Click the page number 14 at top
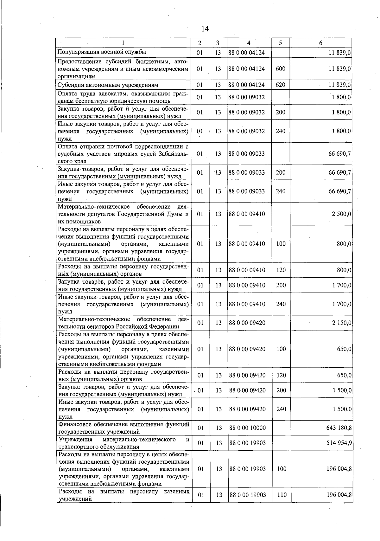coord(205,29)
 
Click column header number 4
coord(249,43)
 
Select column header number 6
coord(320,43)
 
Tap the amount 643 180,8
coord(339,428)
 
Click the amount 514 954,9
coord(339,443)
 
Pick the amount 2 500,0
coord(341,214)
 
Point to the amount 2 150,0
coord(341,323)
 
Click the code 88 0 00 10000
coord(247,428)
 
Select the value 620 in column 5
coord(280,85)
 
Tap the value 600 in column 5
coord(280,69)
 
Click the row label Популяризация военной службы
coord(101,52)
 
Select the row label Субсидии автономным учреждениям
coord(108,85)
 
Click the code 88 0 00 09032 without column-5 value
coord(247,97)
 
